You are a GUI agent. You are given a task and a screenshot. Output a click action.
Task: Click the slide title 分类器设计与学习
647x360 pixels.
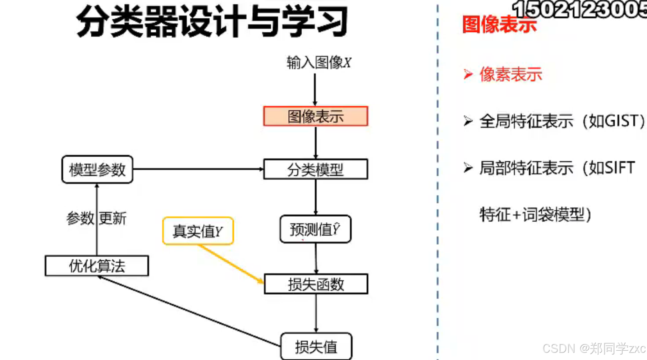click(x=212, y=22)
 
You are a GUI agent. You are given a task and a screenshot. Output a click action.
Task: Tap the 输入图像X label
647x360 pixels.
click(x=318, y=63)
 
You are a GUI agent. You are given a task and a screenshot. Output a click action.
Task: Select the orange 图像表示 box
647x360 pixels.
click(x=316, y=116)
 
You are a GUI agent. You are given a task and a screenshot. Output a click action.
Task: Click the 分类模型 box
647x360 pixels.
click(x=316, y=169)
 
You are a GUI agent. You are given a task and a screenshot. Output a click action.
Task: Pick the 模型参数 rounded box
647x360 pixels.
click(x=97, y=170)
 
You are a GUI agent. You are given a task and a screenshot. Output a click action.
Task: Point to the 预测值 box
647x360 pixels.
click(x=315, y=229)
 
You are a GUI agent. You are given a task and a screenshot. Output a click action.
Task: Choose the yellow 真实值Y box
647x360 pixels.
click(x=198, y=231)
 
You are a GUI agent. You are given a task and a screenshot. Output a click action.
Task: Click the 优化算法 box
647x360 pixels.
click(x=97, y=266)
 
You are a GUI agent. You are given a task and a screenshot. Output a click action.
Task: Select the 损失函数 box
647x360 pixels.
click(x=316, y=284)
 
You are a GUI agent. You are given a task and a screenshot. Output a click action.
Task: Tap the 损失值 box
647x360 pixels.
click(x=316, y=347)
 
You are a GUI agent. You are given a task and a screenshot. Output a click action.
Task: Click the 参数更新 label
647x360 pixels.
click(x=96, y=218)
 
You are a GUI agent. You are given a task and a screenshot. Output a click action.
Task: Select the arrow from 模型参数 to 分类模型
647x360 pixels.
click(x=198, y=169)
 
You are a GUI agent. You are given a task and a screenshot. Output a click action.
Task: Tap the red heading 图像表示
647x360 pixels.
click(x=499, y=24)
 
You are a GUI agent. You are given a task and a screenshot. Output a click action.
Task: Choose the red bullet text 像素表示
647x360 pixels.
click(x=510, y=74)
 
